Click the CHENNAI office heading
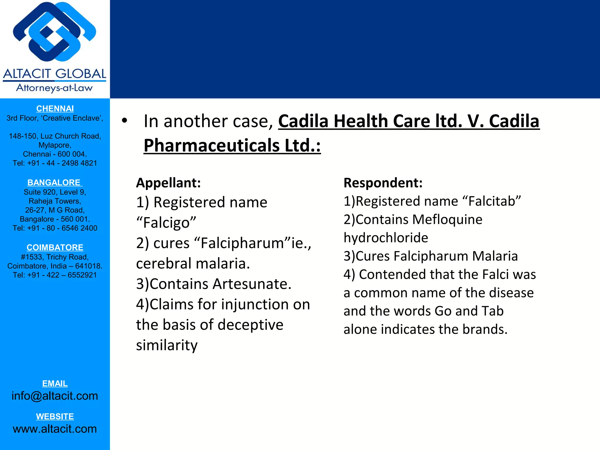pyautogui.click(x=55, y=109)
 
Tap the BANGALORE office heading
pyautogui.click(x=54, y=183)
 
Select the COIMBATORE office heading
pyautogui.click(x=55, y=248)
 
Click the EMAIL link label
pyautogui.click(x=55, y=383)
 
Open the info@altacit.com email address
pyautogui.click(x=55, y=396)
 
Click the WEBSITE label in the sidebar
pyautogui.click(x=55, y=416)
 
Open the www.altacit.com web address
pyautogui.click(x=55, y=429)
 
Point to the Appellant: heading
pyautogui.click(x=168, y=183)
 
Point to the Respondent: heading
pyautogui.click(x=383, y=183)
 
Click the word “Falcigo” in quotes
pyautogui.click(x=166, y=223)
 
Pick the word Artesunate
pyautogui.click(x=252, y=284)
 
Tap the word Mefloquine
pyautogui.click(x=448, y=219)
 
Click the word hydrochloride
pyautogui.click(x=386, y=238)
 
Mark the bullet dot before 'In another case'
pyautogui.click(x=125, y=121)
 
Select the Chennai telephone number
pyautogui.click(x=55, y=163)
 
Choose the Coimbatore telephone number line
pyautogui.click(x=55, y=275)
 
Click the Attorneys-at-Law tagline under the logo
pyautogui.click(x=54, y=88)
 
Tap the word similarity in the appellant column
pyautogui.click(x=167, y=345)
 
